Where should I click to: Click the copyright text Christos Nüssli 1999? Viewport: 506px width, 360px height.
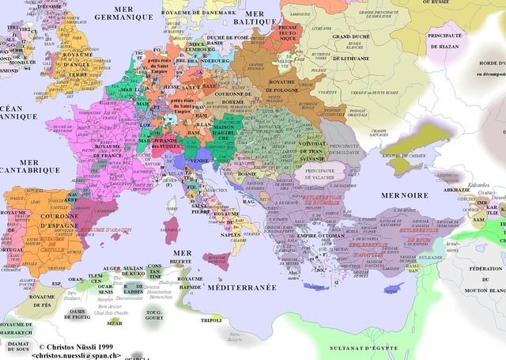(x=77, y=347)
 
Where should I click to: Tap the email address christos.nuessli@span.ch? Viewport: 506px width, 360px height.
(x=77, y=355)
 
